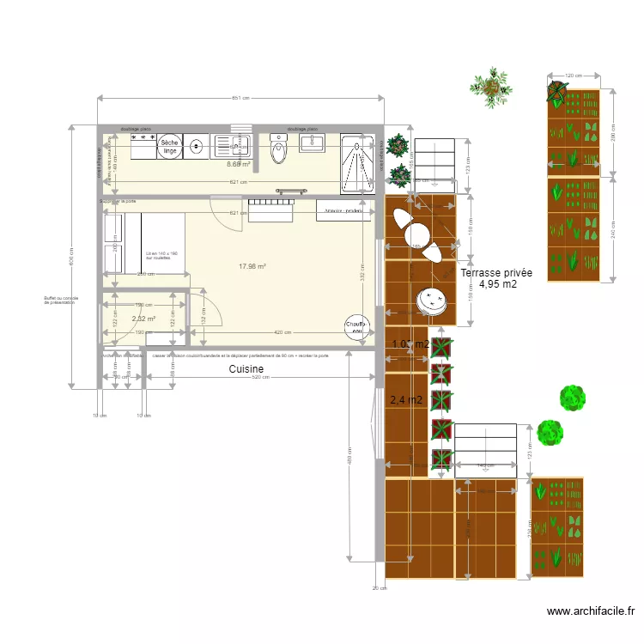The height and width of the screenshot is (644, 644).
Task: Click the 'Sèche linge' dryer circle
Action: tap(169, 147)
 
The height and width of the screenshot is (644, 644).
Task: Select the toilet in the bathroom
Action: tap(279, 151)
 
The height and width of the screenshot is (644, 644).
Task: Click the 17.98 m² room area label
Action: tap(252, 266)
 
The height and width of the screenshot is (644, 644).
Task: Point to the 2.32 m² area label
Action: tap(143, 319)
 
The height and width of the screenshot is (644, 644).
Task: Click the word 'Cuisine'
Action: tap(246, 369)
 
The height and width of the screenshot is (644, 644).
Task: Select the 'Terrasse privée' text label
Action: tap(496, 274)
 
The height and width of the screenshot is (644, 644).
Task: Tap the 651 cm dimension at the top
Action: tap(240, 98)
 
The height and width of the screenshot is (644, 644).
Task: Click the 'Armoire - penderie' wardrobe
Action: tap(344, 210)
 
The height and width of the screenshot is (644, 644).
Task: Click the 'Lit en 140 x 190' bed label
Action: tap(161, 255)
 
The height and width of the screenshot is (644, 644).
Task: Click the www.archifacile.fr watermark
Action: tap(590, 611)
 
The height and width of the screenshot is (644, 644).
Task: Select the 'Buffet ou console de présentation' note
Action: tap(61, 301)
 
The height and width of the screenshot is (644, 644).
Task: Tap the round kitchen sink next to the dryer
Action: tap(197, 147)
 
